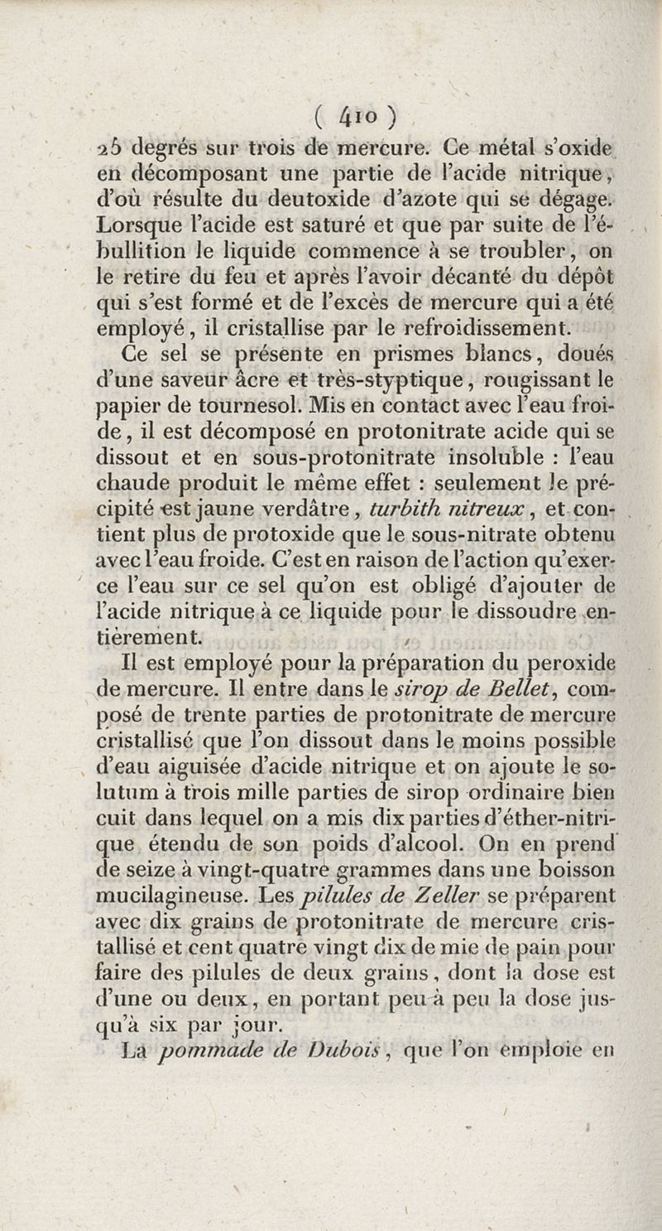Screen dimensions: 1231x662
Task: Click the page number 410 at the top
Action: click(x=358, y=115)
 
